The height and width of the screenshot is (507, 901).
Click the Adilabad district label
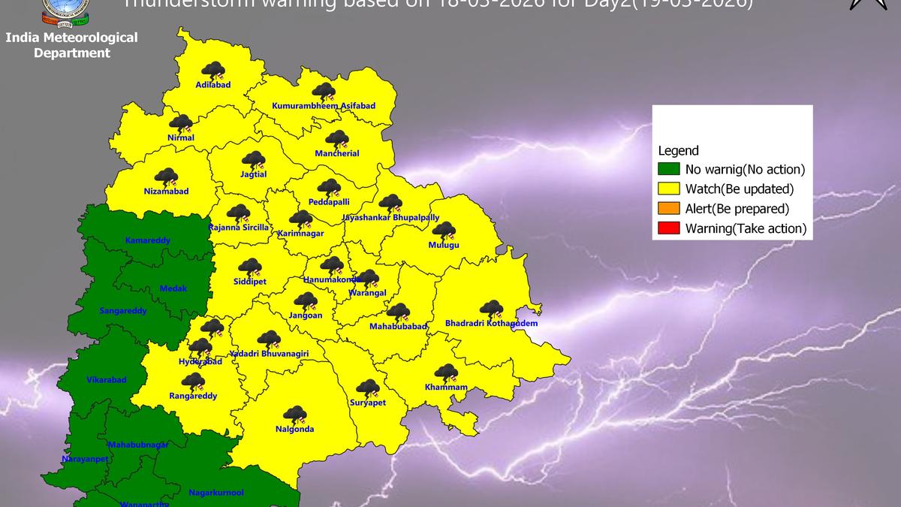(212, 85)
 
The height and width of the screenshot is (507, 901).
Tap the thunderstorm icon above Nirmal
(180, 123)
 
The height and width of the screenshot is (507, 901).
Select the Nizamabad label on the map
(166, 192)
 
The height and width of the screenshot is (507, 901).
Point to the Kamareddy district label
(148, 240)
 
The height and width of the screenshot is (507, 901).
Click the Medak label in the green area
(173, 288)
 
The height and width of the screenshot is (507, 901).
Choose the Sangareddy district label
(123, 310)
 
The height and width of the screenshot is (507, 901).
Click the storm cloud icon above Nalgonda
(294, 414)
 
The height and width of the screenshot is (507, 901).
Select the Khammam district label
(446, 388)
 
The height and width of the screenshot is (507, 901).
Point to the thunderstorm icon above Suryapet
(367, 388)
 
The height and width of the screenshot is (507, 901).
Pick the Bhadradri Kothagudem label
(491, 324)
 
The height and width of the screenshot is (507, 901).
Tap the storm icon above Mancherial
(336, 139)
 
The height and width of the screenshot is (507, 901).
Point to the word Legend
(678, 150)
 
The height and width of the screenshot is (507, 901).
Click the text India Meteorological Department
(71, 45)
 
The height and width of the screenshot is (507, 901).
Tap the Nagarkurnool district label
(215, 493)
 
